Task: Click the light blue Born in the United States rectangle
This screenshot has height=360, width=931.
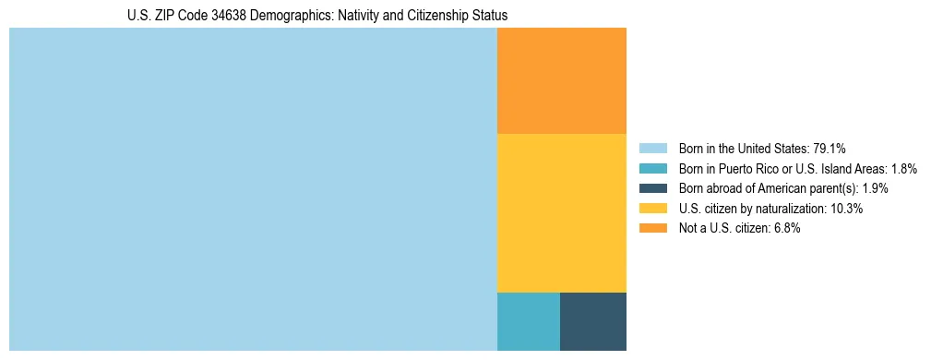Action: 253,189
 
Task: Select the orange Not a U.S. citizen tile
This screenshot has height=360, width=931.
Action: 561,81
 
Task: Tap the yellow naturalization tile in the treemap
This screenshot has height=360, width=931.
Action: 561,213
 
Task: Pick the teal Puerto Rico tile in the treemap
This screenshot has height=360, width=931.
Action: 528,321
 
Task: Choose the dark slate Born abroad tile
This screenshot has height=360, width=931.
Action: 592,321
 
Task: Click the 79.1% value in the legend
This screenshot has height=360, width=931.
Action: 830,149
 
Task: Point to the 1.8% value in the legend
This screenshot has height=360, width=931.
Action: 903,169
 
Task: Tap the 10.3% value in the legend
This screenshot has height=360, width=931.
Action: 846,210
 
